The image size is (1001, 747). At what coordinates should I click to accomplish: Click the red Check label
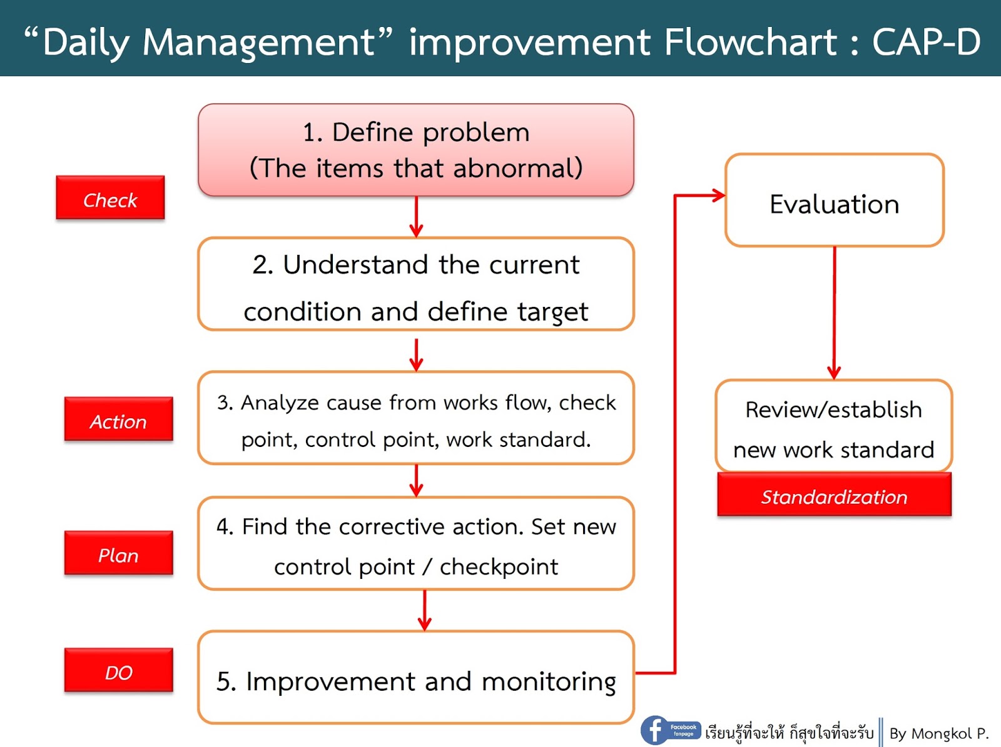pyautogui.click(x=110, y=198)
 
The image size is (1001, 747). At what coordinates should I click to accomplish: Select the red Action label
pyautogui.click(x=118, y=419)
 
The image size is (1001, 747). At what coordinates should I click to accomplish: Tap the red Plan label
pyautogui.click(x=118, y=553)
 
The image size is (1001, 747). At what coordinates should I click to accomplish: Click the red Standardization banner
pyautogui.click(x=834, y=495)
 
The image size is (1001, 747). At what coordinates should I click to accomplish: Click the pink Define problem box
pyautogui.click(x=416, y=151)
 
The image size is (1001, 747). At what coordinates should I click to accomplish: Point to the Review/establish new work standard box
pyautogui.click(x=834, y=427)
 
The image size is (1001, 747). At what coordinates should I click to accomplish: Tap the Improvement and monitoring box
pyautogui.click(x=416, y=678)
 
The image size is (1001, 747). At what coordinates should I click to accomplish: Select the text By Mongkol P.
pyautogui.click(x=938, y=733)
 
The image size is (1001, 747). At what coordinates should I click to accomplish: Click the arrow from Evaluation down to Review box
pyautogui.click(x=834, y=313)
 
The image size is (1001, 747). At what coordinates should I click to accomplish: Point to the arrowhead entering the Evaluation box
pyautogui.click(x=718, y=196)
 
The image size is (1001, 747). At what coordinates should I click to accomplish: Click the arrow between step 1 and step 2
pyautogui.click(x=416, y=218)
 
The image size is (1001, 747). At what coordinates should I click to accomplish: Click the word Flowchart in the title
pyautogui.click(x=749, y=42)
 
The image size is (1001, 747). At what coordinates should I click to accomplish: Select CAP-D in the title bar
pyautogui.click(x=926, y=42)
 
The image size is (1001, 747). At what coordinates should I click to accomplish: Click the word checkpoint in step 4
pyautogui.click(x=499, y=567)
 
